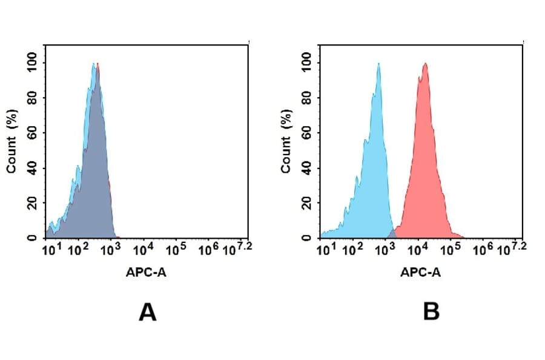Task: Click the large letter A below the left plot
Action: [148, 312]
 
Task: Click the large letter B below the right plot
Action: [431, 312]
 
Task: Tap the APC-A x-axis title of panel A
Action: [146, 273]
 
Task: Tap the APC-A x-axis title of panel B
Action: [420, 273]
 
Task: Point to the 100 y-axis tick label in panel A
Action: [32, 62]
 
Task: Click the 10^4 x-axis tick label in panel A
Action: [142, 249]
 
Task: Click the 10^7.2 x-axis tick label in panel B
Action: [509, 248]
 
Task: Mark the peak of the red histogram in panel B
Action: [426, 64]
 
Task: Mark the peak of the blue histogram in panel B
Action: [378, 64]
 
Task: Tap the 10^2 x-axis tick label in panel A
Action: [77, 249]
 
